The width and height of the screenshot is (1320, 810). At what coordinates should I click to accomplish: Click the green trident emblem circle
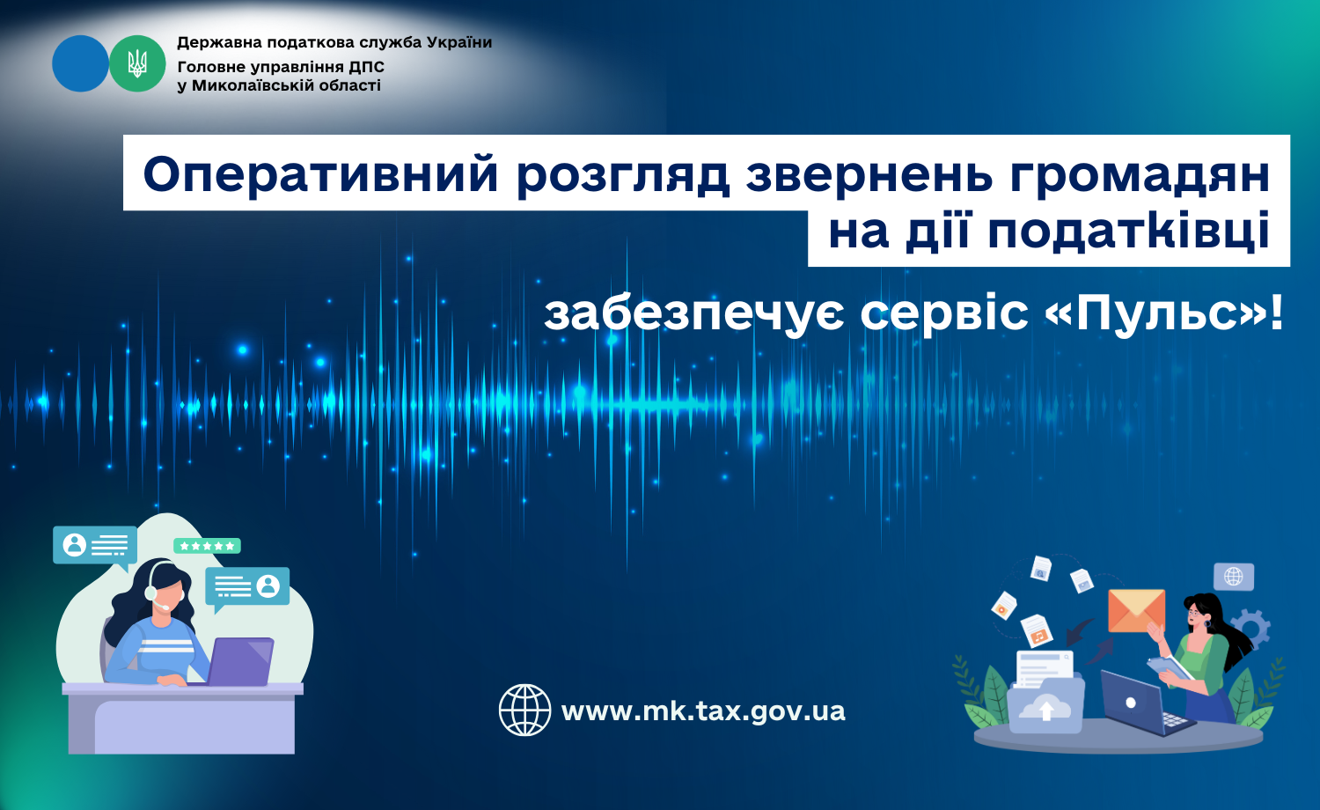coord(137,63)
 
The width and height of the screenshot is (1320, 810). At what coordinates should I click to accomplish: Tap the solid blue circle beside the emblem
coord(81,63)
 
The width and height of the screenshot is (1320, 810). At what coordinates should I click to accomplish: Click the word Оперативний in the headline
coord(321,175)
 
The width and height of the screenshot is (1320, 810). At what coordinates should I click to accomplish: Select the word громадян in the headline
coord(1139,175)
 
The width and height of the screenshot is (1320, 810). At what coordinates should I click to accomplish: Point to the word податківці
coord(1128,232)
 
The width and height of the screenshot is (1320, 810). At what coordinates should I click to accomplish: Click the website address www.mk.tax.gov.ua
coord(703,711)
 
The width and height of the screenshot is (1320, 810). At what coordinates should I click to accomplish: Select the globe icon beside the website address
coord(524,710)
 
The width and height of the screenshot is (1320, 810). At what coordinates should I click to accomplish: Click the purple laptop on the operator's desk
coord(240,661)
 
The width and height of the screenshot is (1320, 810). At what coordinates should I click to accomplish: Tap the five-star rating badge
coord(207,546)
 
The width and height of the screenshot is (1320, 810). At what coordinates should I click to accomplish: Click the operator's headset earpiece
coord(151,592)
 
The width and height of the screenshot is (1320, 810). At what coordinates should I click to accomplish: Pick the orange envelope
coord(1136,611)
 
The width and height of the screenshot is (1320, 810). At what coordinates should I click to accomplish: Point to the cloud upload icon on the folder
coord(1046,707)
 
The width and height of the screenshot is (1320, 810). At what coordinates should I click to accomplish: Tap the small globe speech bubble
coord(1234,577)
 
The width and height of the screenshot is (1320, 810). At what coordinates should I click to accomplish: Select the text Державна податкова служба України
coord(334,42)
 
